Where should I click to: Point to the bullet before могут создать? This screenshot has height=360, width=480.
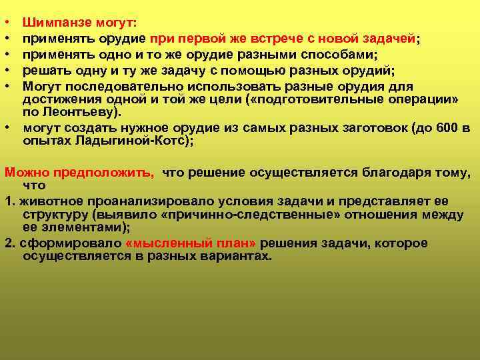pos(7,128)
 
